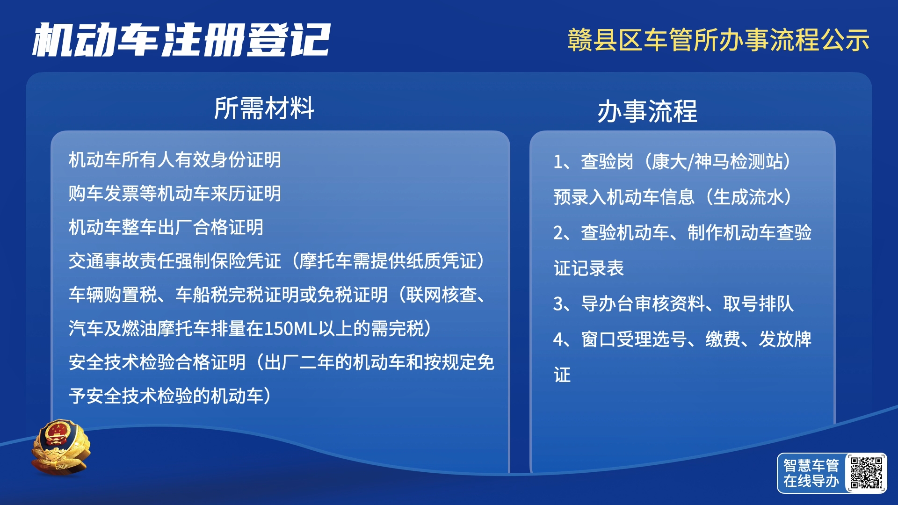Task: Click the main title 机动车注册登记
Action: click(181, 40)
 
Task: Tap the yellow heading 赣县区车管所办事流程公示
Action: click(718, 40)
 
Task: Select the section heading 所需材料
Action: click(264, 108)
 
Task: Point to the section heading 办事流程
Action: click(647, 111)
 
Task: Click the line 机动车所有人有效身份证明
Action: click(175, 160)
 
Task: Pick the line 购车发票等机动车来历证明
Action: click(175, 194)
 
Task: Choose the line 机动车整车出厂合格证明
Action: click(166, 227)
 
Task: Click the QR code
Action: click(866, 473)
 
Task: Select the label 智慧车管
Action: click(811, 465)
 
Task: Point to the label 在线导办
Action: click(811, 481)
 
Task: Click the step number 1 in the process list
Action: click(558, 162)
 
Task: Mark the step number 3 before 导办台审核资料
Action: click(558, 304)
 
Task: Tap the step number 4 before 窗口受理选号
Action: click(558, 340)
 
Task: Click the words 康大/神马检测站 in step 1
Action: click(717, 162)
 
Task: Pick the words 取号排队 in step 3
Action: click(758, 304)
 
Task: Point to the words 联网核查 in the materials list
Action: click(441, 295)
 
